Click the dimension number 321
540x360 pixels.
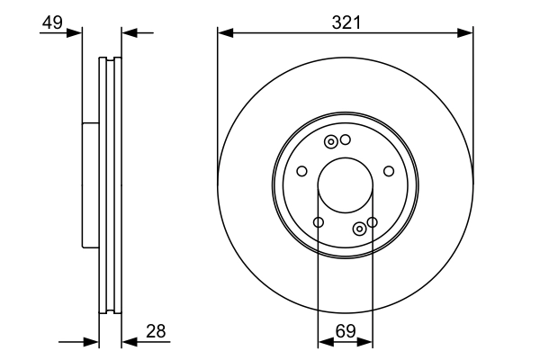click(x=346, y=22)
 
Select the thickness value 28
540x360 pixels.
click(x=156, y=331)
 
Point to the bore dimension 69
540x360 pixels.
click(x=345, y=332)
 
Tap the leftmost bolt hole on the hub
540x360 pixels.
click(x=301, y=172)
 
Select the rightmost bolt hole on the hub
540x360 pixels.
click(x=389, y=172)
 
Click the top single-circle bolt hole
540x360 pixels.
click(x=345, y=139)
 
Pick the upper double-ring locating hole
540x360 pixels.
click(x=331, y=141)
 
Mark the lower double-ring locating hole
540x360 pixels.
click(x=360, y=228)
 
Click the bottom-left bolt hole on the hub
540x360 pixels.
click(x=318, y=222)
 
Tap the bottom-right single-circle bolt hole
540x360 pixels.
click(x=372, y=221)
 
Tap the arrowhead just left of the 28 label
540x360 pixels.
click(x=127, y=342)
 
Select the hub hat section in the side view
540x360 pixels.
click(x=90, y=184)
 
